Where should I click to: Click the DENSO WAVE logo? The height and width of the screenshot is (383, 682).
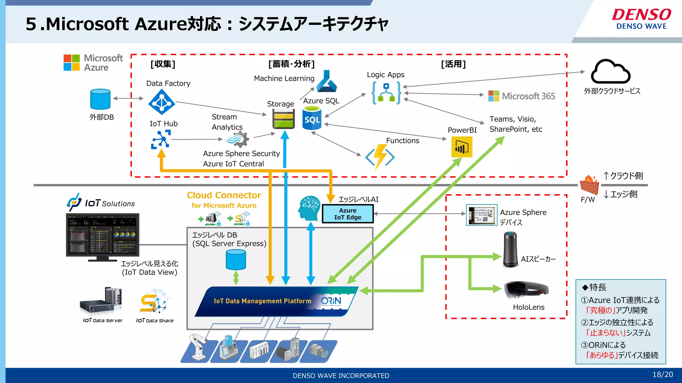641,19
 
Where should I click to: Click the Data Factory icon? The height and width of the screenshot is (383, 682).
162,102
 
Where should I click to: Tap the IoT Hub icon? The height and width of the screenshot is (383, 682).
161,139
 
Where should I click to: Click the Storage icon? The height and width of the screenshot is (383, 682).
283,119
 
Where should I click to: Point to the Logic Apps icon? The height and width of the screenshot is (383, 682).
386,93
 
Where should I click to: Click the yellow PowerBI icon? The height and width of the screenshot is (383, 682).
462,147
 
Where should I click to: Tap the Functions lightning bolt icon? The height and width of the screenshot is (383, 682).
380,157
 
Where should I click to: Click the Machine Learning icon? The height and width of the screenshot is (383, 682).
326,81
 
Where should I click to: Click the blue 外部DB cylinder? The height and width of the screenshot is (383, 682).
100,99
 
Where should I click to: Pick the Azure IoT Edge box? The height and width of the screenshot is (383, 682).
348,214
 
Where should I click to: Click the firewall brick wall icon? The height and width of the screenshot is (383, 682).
589,185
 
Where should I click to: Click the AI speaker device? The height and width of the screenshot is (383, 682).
510,250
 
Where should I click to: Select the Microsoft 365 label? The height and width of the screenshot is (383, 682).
522,96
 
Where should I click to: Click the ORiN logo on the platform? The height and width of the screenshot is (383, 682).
331,301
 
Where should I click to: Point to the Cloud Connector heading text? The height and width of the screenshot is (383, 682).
224,195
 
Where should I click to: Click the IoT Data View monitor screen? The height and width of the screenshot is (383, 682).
103,234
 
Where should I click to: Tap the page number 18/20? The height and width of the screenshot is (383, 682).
662,375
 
